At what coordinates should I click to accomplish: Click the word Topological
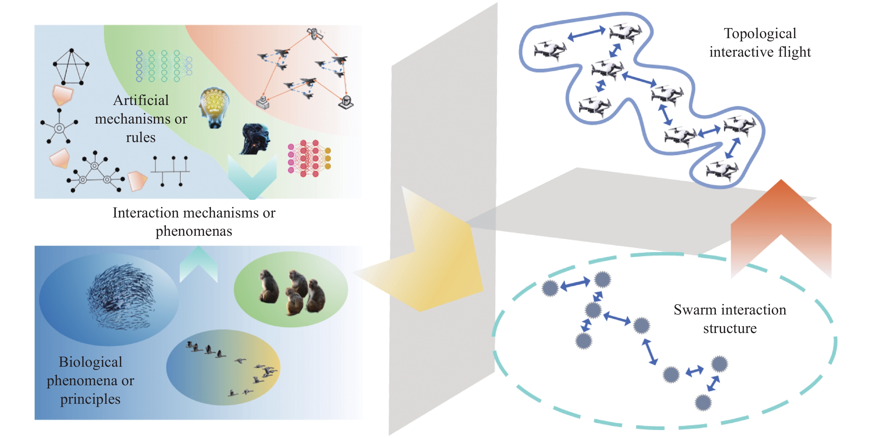(x=760, y=34)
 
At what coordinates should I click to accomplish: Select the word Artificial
(x=141, y=100)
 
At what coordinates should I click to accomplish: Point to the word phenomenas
(x=194, y=231)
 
